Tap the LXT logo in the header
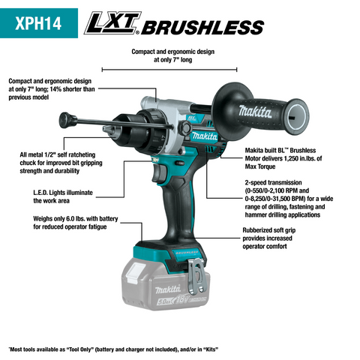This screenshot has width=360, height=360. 112,26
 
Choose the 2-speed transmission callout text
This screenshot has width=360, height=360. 292,199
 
